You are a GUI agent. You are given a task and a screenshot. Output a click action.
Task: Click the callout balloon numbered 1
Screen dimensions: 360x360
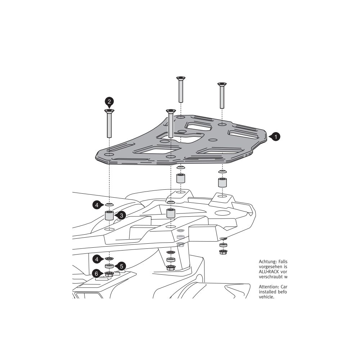[x=275, y=137]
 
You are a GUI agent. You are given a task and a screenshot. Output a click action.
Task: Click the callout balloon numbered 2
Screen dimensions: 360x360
[x=109, y=101]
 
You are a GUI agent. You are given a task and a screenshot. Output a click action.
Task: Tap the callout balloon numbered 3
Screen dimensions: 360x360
[x=121, y=216]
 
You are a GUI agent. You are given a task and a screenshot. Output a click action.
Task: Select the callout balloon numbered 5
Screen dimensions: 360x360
[x=121, y=266]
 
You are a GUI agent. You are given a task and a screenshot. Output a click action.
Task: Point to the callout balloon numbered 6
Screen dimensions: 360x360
[x=96, y=274]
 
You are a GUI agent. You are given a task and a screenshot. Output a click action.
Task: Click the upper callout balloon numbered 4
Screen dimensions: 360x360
[x=96, y=205]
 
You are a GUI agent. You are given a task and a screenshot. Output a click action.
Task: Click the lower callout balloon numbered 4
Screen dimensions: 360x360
[x=96, y=259]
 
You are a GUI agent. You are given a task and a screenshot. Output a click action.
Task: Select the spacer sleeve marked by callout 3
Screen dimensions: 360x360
[x=109, y=216]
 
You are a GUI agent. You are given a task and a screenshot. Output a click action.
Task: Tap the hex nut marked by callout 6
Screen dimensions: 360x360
[x=109, y=274]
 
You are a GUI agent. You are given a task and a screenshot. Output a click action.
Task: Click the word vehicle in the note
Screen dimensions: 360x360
[x=266, y=297]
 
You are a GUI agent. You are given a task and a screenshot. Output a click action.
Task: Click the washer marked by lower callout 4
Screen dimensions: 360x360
[x=109, y=259]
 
